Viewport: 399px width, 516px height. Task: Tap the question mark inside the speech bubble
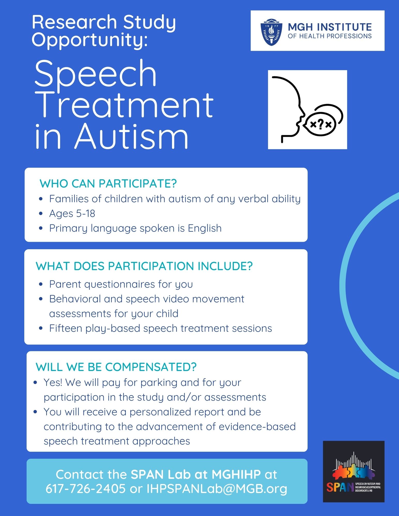coord(320,124)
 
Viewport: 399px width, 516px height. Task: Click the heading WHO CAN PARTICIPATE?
coord(108,183)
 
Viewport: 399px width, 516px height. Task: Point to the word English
coord(205,228)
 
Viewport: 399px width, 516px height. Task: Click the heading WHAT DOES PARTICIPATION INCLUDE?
coord(144,266)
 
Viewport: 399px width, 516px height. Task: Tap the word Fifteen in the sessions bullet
coord(66,328)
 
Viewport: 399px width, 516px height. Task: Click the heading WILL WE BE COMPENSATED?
coord(116,367)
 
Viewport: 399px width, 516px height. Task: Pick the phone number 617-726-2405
coord(85,488)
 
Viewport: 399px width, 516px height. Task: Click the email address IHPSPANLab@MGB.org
coord(217,489)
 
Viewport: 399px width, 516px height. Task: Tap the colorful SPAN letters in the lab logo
coord(340,487)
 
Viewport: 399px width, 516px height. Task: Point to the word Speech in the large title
coord(96,73)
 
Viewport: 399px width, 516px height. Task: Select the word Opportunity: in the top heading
coord(90,40)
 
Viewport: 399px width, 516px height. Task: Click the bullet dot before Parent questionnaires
coord(41,284)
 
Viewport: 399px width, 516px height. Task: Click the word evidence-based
coord(257,426)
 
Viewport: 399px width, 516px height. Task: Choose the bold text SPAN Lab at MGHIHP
coord(196,474)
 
